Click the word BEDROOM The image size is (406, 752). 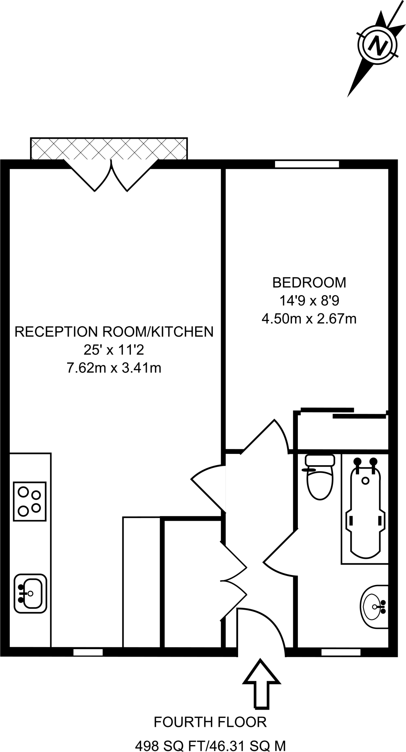click(x=309, y=282)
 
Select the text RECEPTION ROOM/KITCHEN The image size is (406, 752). click(x=114, y=332)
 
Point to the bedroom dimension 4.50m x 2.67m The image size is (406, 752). click(x=309, y=318)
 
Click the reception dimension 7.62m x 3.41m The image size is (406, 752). click(x=114, y=367)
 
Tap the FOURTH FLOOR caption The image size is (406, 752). click(x=210, y=722)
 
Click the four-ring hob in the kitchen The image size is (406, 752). click(x=30, y=501)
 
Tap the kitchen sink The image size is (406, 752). click(x=30, y=593)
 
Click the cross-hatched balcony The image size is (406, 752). click(x=109, y=148)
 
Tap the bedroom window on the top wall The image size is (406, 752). click(x=307, y=164)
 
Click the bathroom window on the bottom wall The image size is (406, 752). click(x=341, y=652)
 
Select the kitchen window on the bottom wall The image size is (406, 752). click(x=88, y=652)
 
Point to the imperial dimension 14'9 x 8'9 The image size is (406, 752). click(x=309, y=301)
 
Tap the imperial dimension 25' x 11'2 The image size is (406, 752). click(x=114, y=350)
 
